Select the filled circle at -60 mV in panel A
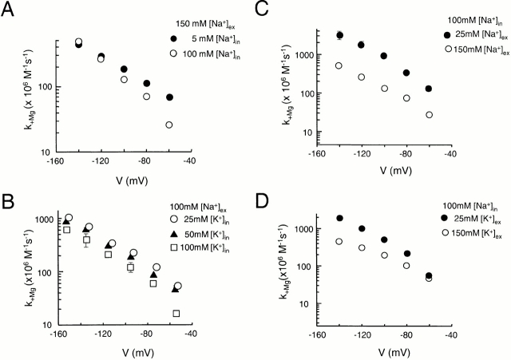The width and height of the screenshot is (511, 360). [169, 97]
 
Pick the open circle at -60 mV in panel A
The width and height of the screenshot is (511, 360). [169, 125]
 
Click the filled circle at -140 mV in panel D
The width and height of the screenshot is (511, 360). [339, 218]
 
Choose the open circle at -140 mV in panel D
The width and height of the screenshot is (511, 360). [339, 241]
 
